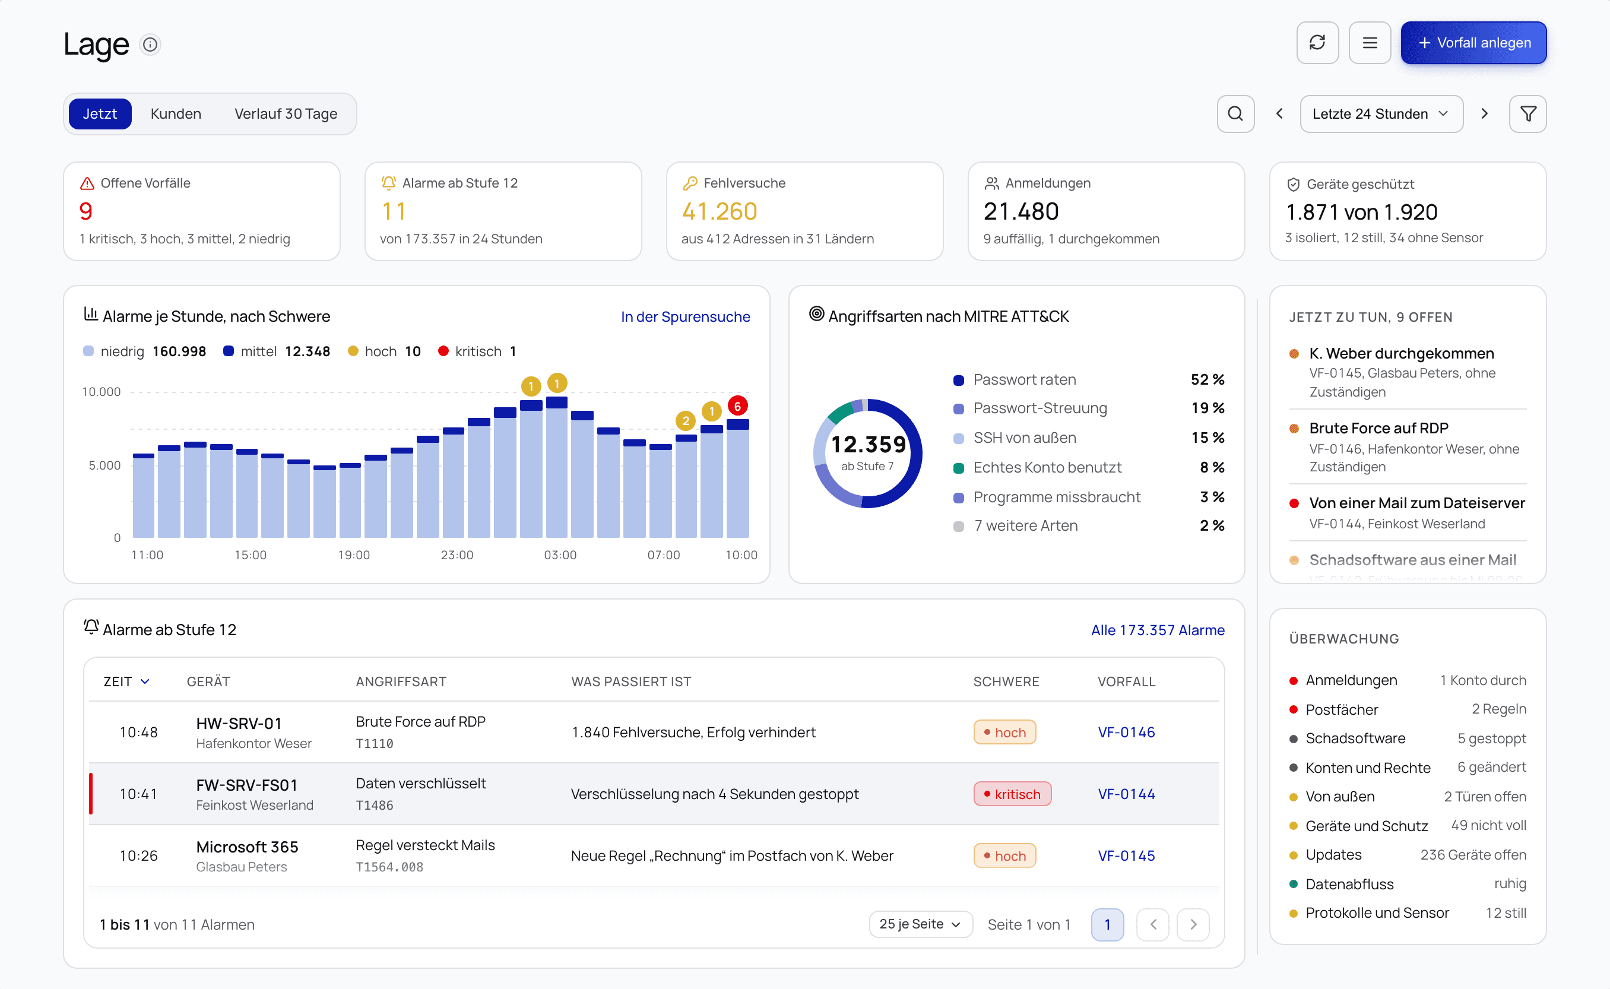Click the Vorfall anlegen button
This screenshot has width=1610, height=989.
[1473, 43]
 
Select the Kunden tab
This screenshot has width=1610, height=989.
[176, 114]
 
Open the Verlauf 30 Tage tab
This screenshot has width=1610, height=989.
[286, 114]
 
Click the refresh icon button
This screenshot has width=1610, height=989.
[1317, 43]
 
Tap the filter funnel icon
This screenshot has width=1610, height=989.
[1527, 114]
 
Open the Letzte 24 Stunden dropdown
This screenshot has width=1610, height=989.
[1380, 114]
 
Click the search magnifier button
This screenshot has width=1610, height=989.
[1235, 114]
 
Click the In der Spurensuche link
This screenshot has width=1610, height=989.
[685, 316]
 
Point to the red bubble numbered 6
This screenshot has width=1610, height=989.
[737, 406]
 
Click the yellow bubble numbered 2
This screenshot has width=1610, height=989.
[685, 420]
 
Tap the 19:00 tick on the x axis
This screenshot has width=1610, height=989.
[354, 554]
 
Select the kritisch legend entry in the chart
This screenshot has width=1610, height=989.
[477, 351]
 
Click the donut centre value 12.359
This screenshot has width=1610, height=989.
[868, 445]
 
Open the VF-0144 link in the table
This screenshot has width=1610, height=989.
[1126, 794]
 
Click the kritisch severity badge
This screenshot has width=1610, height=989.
[1012, 794]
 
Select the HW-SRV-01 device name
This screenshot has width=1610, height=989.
[239, 724]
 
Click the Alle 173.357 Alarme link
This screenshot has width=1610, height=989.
[1158, 630]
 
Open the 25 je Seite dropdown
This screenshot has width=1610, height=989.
[920, 924]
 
